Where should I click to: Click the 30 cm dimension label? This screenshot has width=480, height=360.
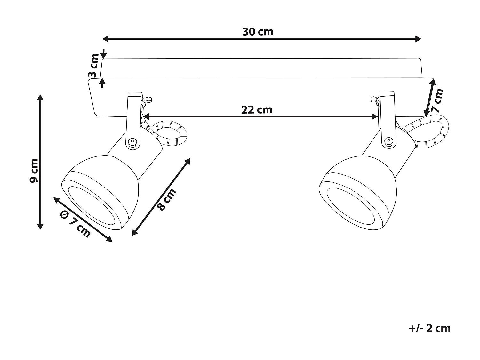tap(258, 32)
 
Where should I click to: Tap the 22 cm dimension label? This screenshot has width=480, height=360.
tap(257, 110)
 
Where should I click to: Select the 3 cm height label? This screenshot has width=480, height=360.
tap(93, 66)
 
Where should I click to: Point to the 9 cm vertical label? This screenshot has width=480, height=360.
tap(34, 171)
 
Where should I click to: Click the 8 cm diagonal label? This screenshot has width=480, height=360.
tap(167, 200)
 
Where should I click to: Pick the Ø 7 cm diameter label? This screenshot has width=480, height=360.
tap(76, 224)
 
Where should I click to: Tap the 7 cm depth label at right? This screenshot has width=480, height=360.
tap(437, 100)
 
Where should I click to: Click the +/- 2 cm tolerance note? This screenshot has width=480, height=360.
tap(429, 328)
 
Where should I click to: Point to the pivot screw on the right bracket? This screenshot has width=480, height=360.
tap(389, 141)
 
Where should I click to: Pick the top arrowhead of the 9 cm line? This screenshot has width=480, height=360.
tap(40, 98)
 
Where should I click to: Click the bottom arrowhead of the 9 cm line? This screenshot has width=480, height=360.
tap(40, 226)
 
